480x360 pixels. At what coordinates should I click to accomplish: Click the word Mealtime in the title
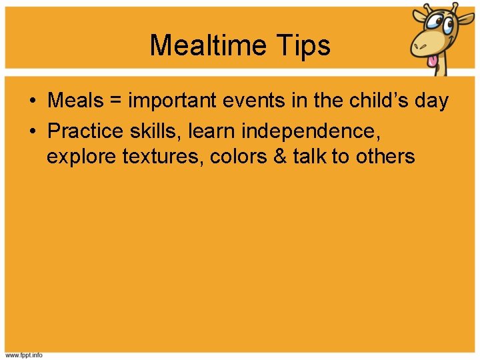209,45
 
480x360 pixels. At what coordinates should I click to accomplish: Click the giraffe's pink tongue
434,61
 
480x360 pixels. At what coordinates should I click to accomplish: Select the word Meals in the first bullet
75,101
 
